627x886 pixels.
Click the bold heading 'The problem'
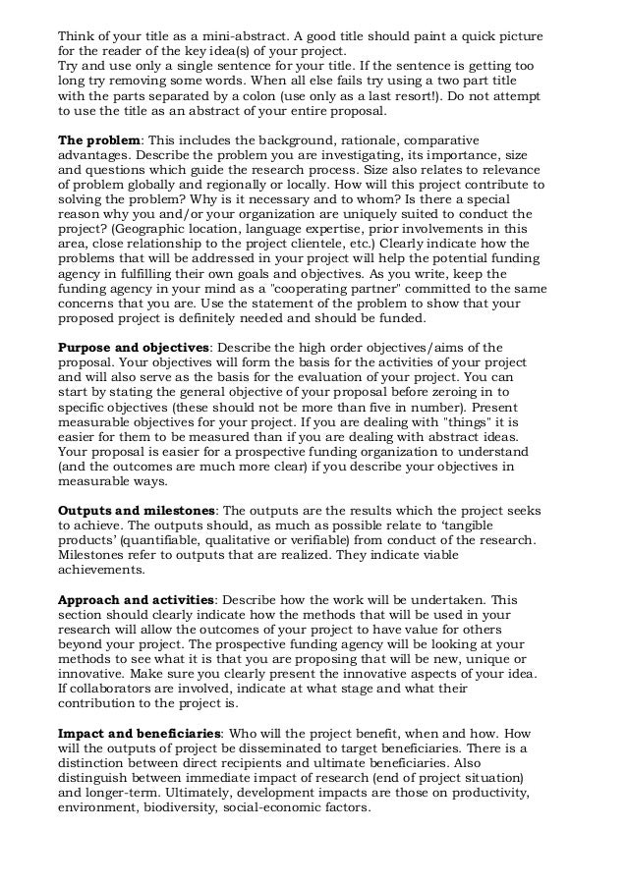tap(99, 140)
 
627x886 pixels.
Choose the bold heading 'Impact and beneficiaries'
tap(140, 733)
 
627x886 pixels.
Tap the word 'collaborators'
tap(115, 688)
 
